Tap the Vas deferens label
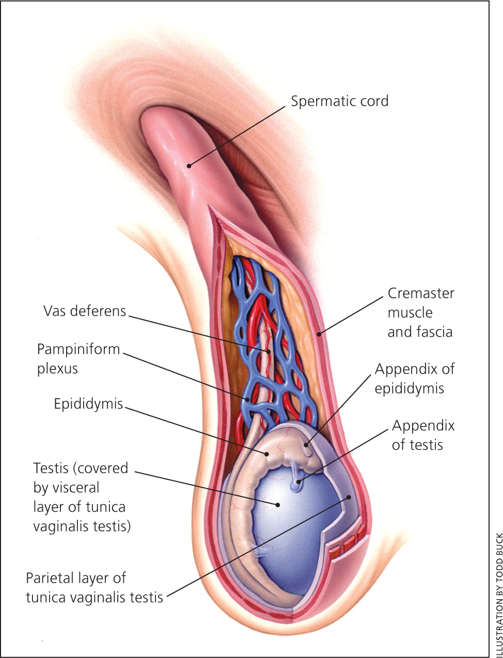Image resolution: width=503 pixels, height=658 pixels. click(x=85, y=311)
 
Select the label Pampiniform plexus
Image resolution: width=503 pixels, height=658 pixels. click(x=78, y=358)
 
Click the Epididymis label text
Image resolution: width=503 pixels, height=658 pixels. click(x=88, y=403)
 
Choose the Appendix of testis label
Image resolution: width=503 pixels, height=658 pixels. click(x=423, y=435)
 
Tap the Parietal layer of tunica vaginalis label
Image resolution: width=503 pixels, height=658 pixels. click(x=95, y=587)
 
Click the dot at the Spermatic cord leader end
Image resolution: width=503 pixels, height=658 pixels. click(x=189, y=166)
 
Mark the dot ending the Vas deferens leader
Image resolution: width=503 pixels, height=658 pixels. click(x=268, y=351)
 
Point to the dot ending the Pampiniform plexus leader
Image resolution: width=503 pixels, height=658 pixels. click(x=248, y=399)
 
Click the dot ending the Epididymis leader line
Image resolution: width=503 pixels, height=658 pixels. click(x=267, y=454)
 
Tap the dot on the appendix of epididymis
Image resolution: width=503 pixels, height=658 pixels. click(x=306, y=444)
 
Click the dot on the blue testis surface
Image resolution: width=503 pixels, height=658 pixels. click(x=278, y=504)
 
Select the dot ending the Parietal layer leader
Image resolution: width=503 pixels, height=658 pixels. click(x=350, y=497)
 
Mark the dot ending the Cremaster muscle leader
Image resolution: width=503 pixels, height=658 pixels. click(x=319, y=334)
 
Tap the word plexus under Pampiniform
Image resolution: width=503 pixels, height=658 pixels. click(x=57, y=369)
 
